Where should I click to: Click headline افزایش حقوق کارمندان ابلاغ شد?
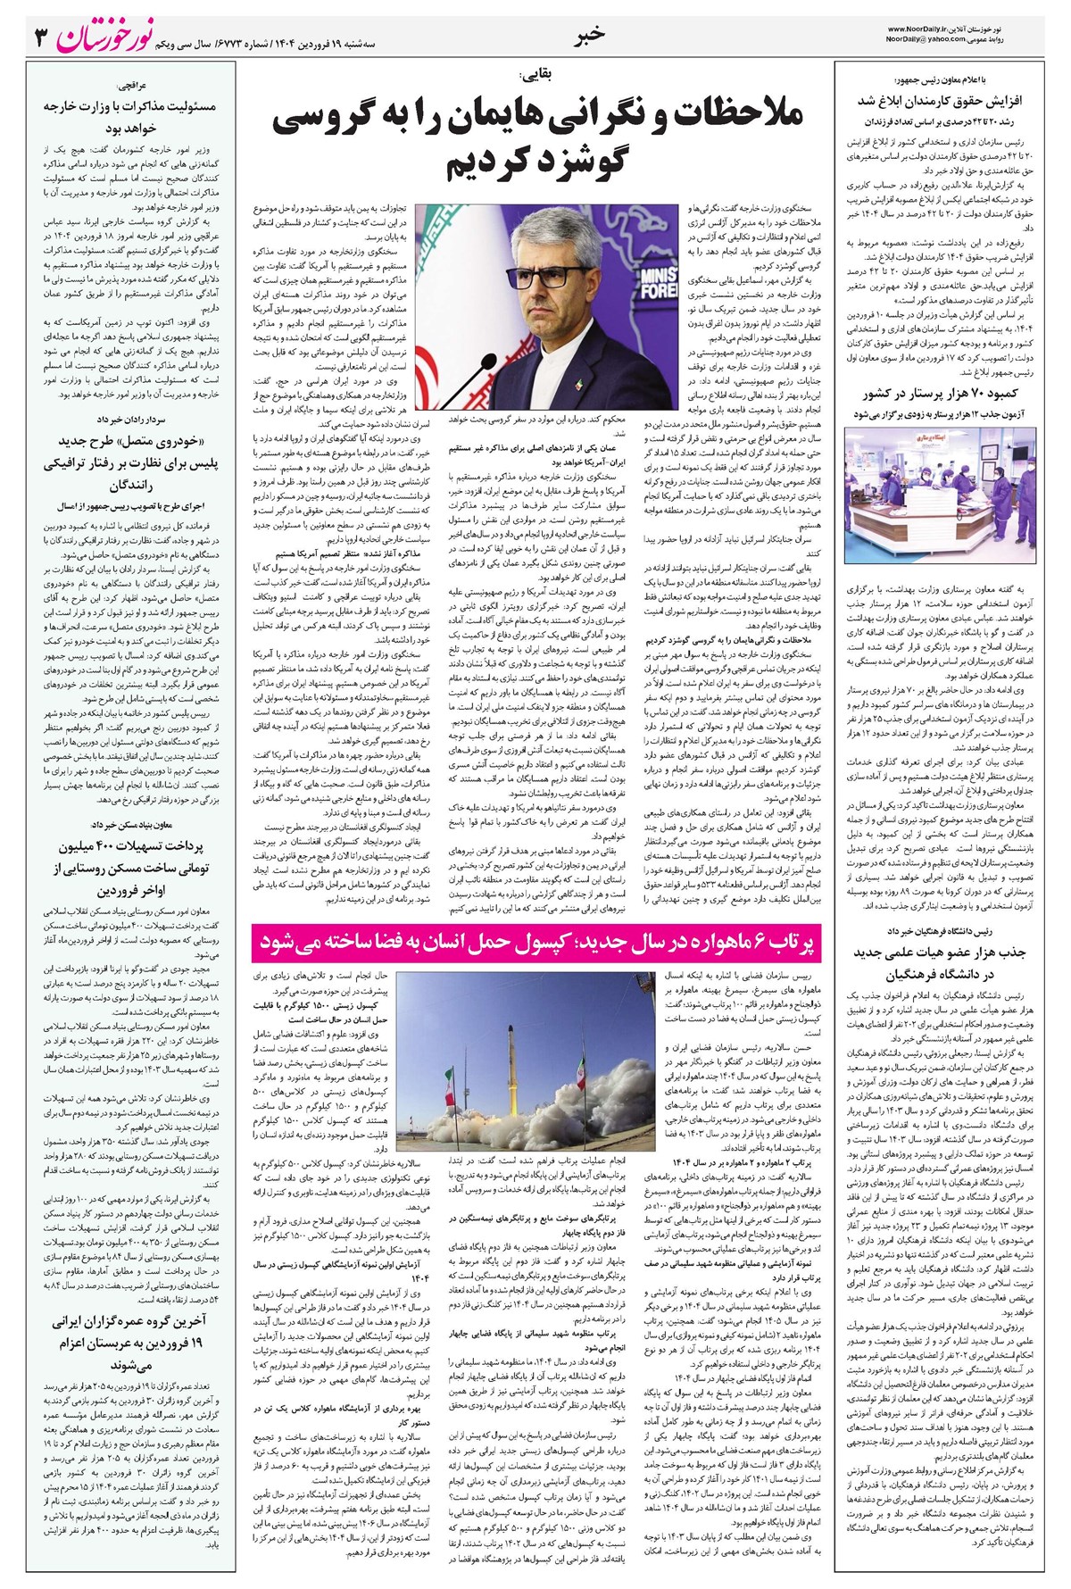(x=949, y=100)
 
